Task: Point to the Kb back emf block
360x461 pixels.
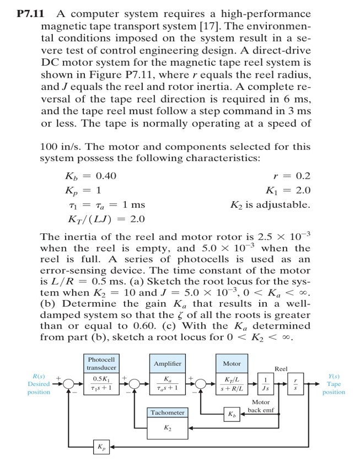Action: click(x=232, y=413)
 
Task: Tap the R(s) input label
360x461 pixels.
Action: click(x=39, y=377)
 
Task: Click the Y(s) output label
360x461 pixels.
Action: click(x=334, y=377)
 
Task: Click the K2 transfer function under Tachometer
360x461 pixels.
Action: click(x=168, y=427)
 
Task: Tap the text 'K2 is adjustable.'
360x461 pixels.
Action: click(x=270, y=205)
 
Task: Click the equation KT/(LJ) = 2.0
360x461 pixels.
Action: click(x=105, y=219)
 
